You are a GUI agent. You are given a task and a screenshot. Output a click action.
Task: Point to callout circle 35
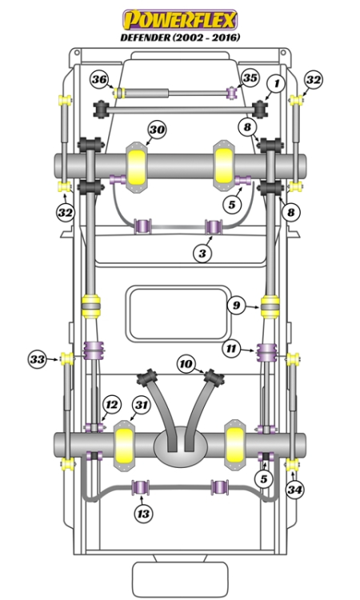250,78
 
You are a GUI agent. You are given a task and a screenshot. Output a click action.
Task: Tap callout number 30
157,130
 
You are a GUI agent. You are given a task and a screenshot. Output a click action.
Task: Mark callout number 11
231,349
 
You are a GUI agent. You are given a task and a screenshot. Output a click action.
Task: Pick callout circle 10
186,365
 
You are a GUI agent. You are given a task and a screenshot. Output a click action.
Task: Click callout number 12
111,405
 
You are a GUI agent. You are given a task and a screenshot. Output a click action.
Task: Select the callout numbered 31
141,406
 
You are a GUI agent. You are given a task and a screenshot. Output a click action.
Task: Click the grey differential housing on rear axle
180,445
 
